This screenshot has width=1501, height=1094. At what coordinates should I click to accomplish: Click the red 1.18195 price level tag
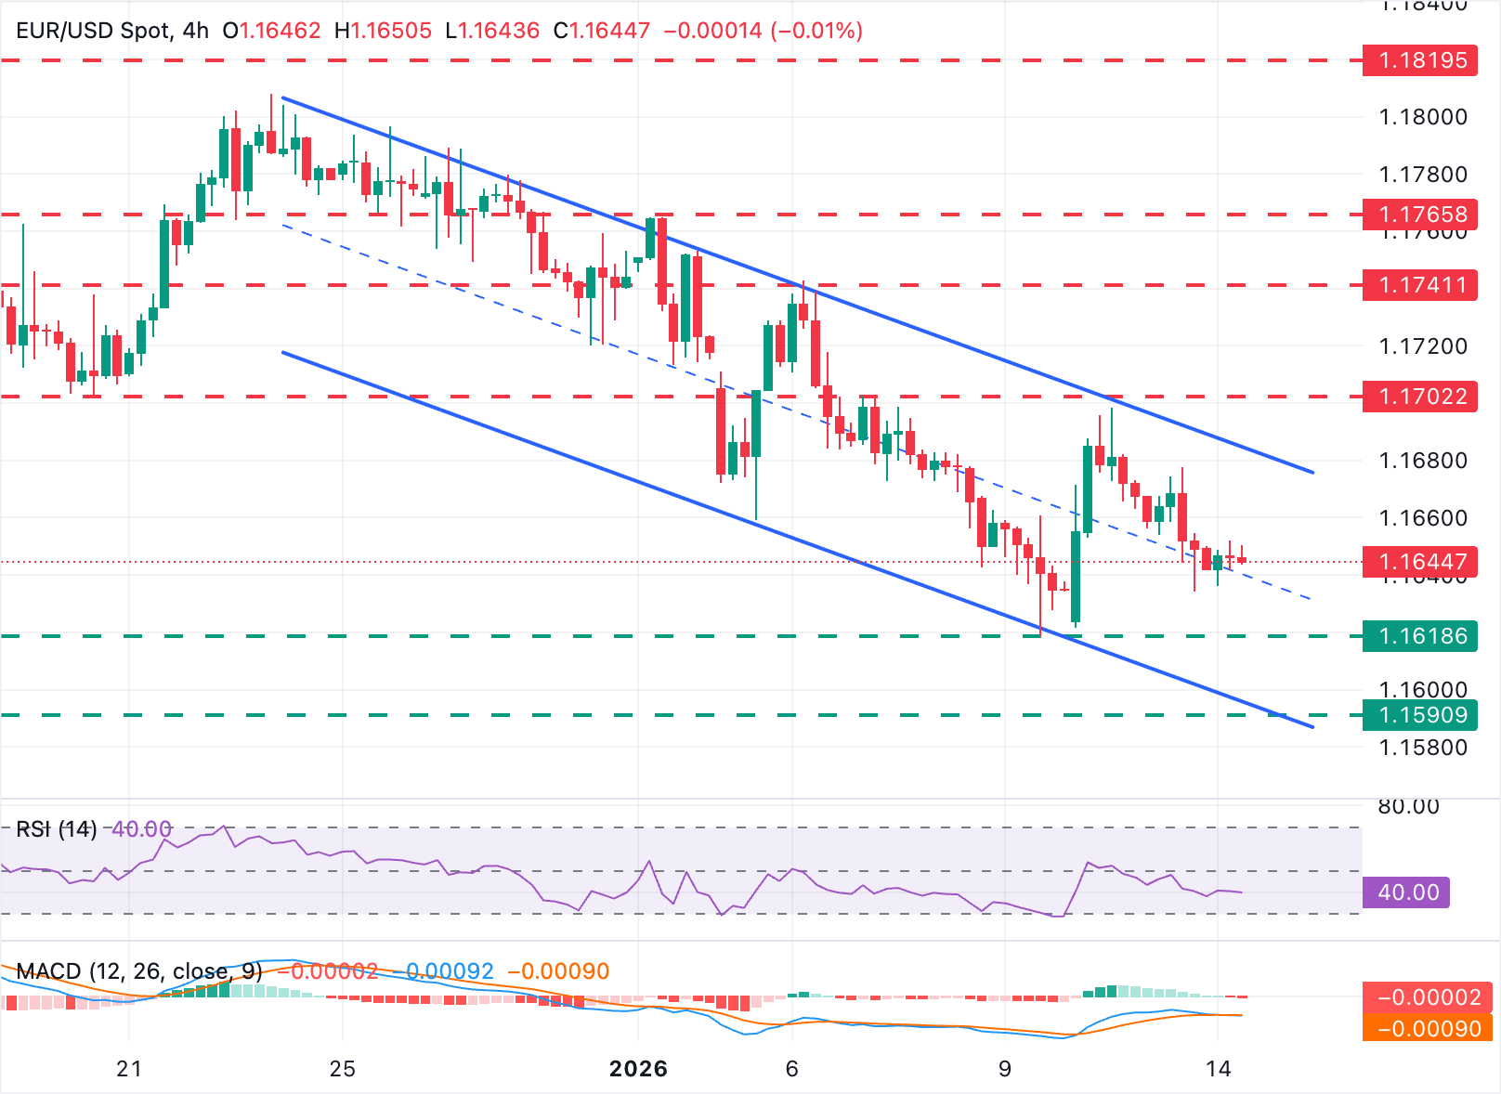[1419, 60]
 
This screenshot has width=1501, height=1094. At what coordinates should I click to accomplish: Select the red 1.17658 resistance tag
[1419, 215]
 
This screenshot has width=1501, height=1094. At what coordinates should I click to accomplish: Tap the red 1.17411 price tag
[1419, 285]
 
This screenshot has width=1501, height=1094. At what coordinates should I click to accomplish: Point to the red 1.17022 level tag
[1419, 397]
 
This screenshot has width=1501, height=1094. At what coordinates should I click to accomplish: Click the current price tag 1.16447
[1419, 562]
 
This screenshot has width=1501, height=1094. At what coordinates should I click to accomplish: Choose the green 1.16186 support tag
[1419, 636]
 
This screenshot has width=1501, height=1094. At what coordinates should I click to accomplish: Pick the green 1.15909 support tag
[1419, 715]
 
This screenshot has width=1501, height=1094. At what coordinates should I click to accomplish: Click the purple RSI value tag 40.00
[1406, 892]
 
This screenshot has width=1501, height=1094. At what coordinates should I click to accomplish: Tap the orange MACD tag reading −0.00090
[1427, 1029]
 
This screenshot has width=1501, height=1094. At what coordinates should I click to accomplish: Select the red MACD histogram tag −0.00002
[1427, 997]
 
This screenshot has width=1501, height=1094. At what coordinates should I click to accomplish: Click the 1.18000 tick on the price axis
[1423, 117]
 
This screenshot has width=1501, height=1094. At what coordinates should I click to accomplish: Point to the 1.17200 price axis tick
[1423, 346]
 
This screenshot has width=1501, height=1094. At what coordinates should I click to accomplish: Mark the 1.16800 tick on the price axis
[1423, 461]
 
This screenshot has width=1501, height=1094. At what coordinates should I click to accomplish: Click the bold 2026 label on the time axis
[638, 1069]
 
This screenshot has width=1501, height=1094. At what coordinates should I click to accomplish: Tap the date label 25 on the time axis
[343, 1069]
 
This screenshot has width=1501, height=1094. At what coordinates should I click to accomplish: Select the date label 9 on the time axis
[1004, 1069]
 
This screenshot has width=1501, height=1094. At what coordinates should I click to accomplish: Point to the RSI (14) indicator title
[57, 828]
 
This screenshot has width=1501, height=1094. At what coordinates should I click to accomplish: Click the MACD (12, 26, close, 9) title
[139, 971]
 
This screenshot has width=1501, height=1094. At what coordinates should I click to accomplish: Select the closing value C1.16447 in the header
[601, 31]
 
